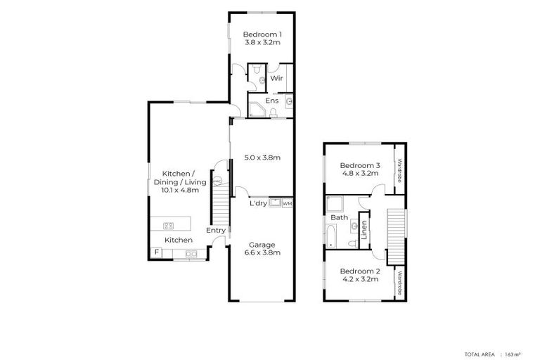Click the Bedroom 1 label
click(262, 38)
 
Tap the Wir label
click(276, 79)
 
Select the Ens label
click(272, 101)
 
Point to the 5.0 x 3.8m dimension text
click(262, 157)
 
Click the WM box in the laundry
click(287, 204)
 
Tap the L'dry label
click(257, 204)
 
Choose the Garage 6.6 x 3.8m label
click(262, 249)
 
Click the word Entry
click(216, 230)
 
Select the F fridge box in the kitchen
click(156, 252)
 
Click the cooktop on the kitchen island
click(169, 226)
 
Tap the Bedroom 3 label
click(361, 169)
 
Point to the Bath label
click(340, 217)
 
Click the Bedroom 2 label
click(359, 275)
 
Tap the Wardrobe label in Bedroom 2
click(399, 283)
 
